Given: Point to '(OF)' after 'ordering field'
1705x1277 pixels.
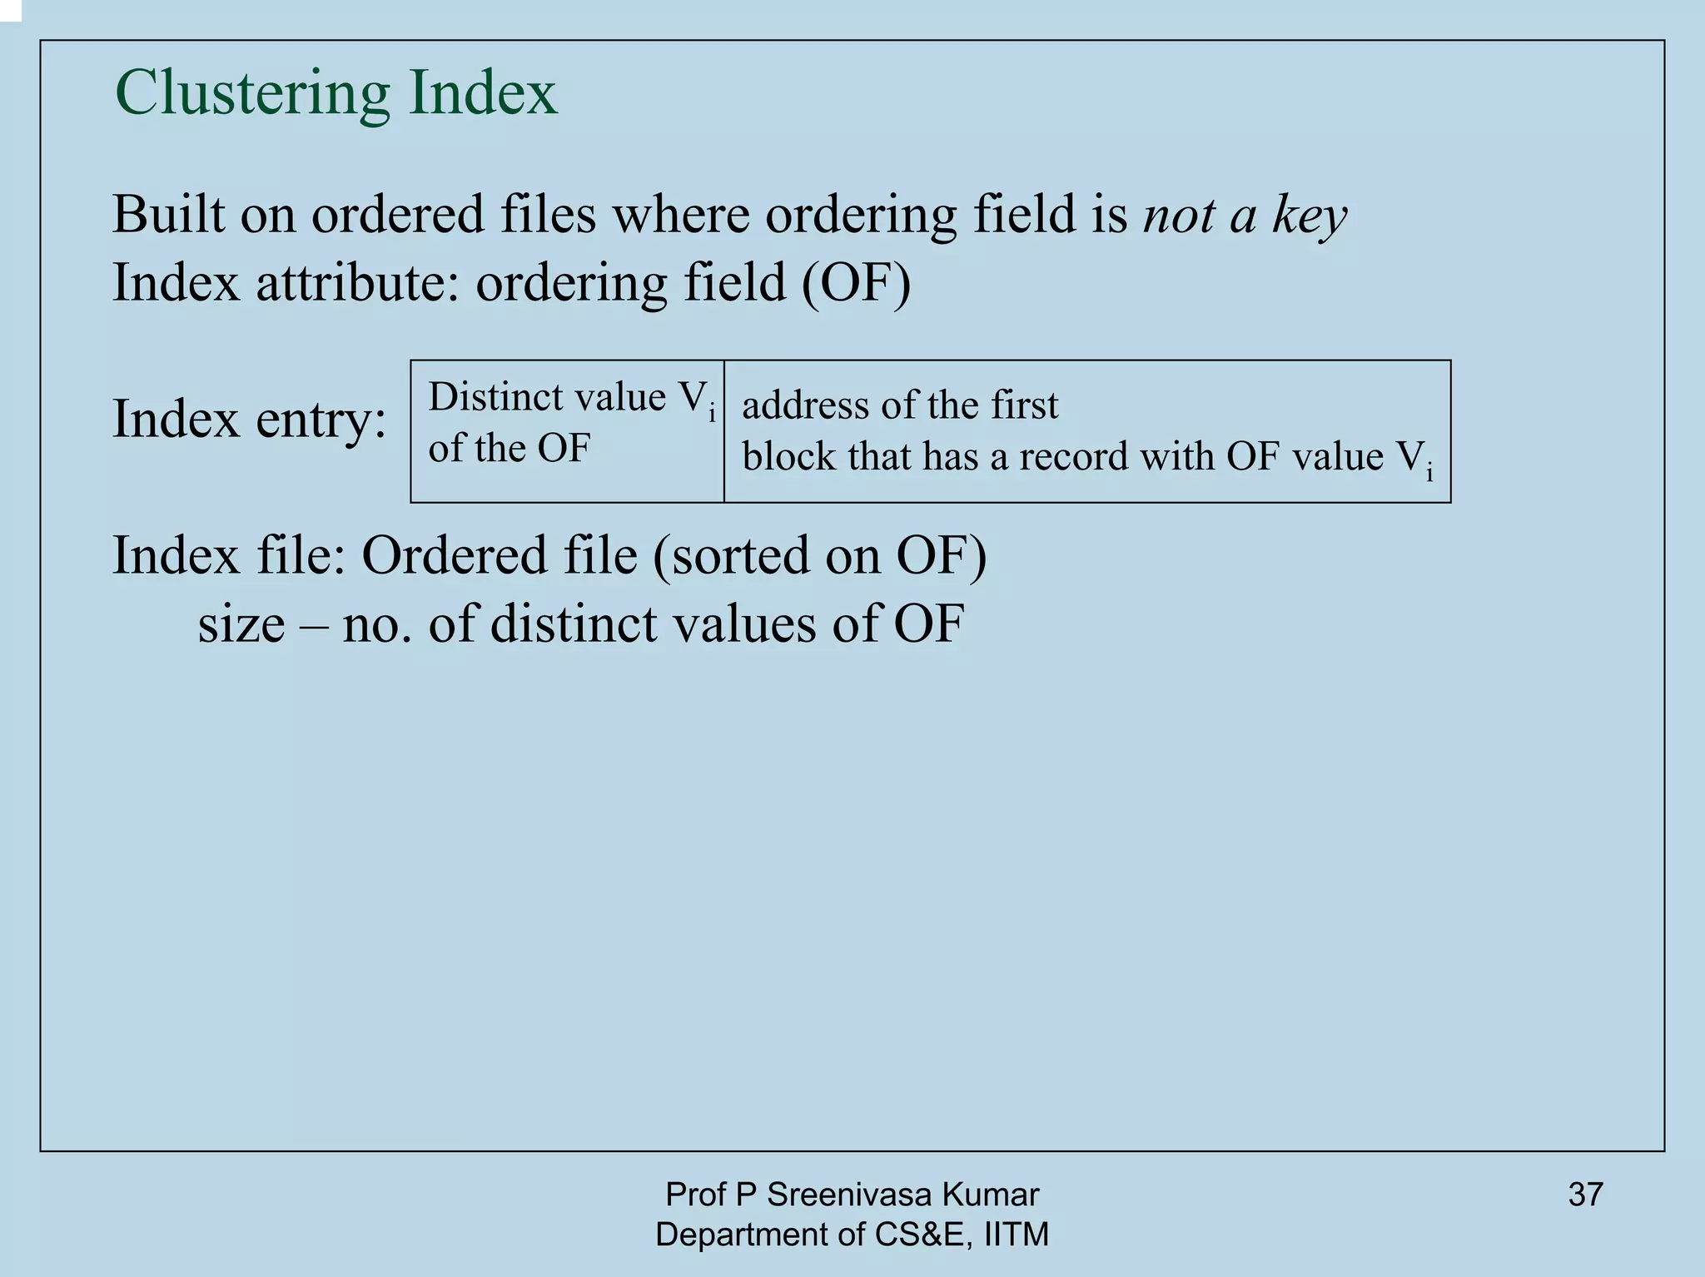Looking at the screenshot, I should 857,283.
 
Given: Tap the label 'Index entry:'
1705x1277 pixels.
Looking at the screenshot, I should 249,419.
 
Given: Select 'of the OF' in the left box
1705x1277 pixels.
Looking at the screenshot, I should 509,448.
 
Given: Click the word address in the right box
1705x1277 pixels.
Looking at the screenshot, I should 805,406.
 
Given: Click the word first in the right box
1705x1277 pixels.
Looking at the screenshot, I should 1025,406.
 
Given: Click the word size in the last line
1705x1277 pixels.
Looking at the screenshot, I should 241,624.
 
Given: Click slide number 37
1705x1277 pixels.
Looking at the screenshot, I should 1585,1195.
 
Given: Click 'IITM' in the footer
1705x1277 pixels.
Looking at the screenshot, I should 1017,1234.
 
